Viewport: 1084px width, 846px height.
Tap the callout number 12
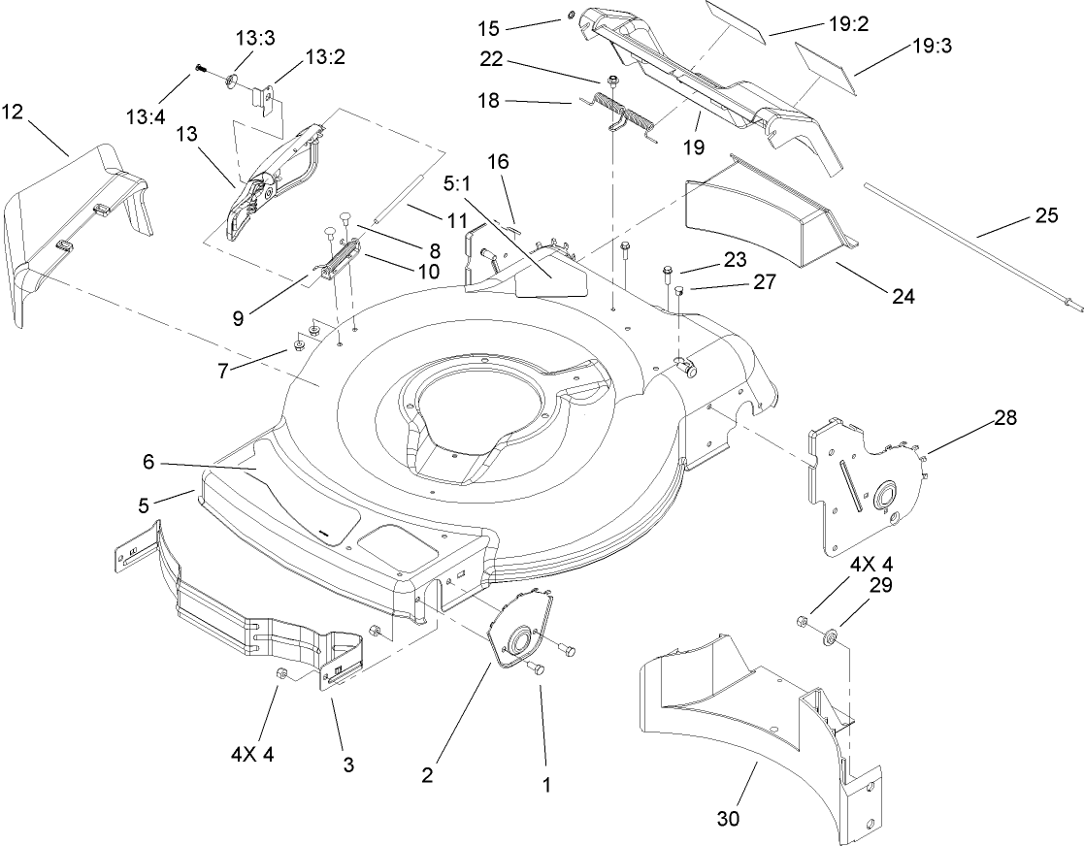[13, 113]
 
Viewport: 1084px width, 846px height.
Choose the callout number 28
[1006, 417]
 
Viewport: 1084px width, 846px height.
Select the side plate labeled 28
[864, 490]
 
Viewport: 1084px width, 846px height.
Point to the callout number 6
[148, 463]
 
